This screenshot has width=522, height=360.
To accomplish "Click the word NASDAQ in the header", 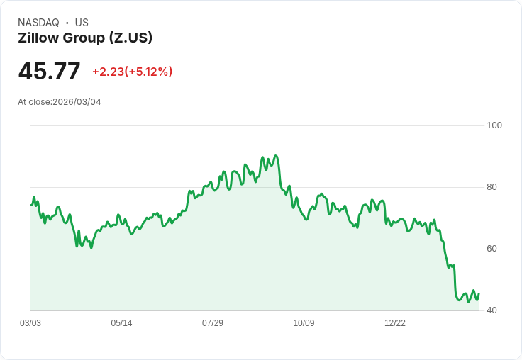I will coord(38,23).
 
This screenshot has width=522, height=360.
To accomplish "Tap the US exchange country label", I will coord(82,23).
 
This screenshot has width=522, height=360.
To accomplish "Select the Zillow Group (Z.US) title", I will coord(85,38).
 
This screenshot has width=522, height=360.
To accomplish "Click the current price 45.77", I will coord(49,72).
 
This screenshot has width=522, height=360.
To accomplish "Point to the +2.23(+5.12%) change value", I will coord(132,72).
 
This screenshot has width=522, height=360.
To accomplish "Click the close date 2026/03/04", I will coord(77,102).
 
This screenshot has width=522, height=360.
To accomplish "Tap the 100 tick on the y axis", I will coord(494,125).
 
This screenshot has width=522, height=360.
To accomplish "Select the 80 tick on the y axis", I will coord(492,187).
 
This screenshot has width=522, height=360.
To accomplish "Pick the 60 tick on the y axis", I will coord(492,249).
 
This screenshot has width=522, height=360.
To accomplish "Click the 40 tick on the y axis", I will coord(492,310).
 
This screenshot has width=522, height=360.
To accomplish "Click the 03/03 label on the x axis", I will coord(30,323).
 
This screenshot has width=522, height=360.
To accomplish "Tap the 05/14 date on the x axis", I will coord(121,323).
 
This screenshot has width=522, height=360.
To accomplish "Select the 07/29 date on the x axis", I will coord(213,323).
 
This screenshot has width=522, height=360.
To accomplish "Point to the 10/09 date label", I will coord(304,323).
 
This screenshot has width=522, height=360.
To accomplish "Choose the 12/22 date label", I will coord(395,323).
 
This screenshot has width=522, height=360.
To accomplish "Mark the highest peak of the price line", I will coord(275,156).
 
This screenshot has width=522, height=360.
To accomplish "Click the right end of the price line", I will coord(479,293).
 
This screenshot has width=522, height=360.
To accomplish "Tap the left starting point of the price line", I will coord(31,205).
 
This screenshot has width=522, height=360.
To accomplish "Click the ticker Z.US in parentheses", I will coord(128,38).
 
